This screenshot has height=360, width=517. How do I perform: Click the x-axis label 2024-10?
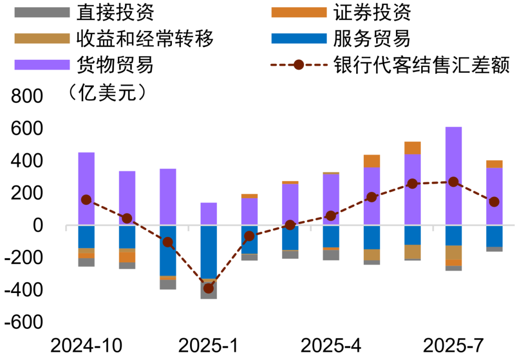pyautogui.click(x=86, y=345)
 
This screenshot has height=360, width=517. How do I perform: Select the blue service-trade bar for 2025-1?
pyautogui.click(x=208, y=252)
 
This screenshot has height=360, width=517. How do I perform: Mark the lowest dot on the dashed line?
pyautogui.click(x=208, y=288)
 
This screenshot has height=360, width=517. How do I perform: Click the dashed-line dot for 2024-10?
pyautogui.click(x=86, y=200)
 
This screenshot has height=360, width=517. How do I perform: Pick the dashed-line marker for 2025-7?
pyautogui.click(x=453, y=182)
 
